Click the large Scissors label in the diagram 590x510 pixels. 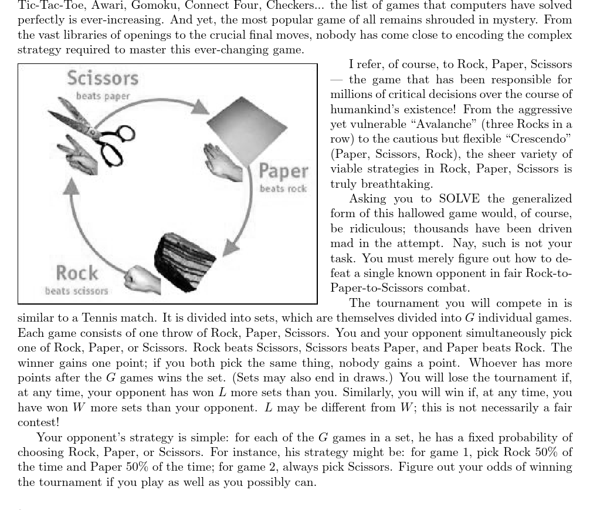tap(102, 78)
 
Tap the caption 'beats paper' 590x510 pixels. tap(103, 96)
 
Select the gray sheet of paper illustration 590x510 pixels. tap(246, 129)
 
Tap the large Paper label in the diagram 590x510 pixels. tap(283, 172)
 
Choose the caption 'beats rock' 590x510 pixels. tap(283, 189)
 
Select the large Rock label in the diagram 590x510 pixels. tap(77, 273)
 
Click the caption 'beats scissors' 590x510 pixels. tap(76, 291)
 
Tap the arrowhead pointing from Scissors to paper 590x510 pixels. tap(200, 106)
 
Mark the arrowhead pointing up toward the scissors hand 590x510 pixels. tap(71, 186)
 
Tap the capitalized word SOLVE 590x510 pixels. tap(459, 198)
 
